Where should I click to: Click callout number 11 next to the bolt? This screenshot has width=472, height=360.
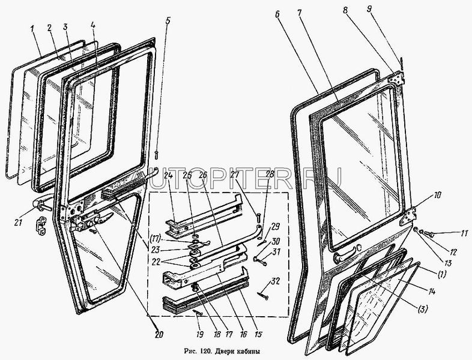point(447,233)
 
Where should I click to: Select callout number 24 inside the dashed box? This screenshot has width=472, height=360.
point(169,176)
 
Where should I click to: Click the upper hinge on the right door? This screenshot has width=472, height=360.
point(398,79)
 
